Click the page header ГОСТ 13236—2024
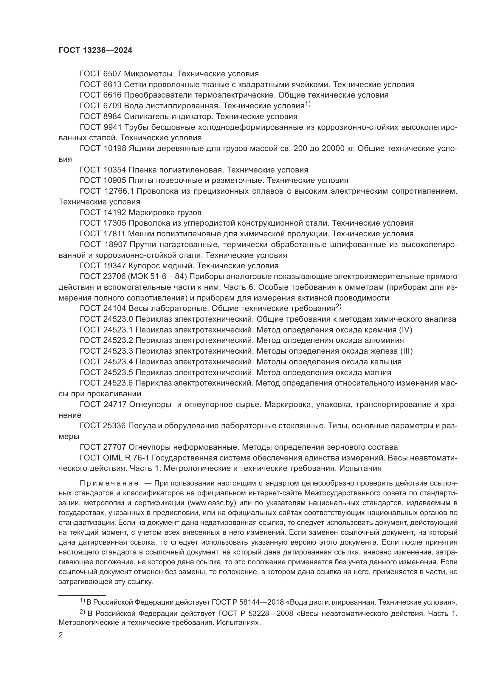[95, 50]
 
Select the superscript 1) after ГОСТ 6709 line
[308, 104]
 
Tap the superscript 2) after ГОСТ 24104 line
[339, 307]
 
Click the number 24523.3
[118, 351]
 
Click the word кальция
[386, 362]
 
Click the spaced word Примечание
[109, 483]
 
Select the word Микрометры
[149, 74]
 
